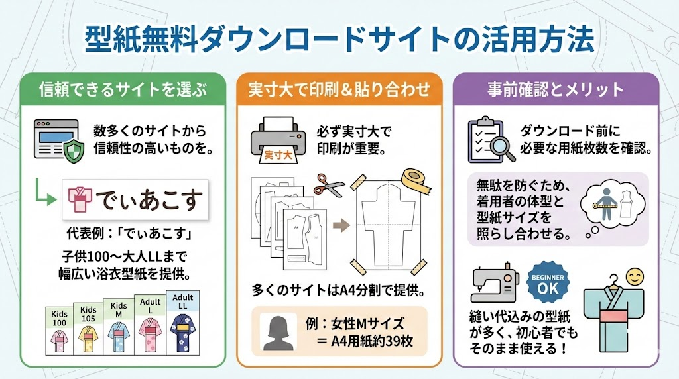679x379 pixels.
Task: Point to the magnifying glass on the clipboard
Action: point(504,146)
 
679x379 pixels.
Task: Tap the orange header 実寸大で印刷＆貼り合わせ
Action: point(339,88)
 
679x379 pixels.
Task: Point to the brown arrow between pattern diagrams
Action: point(340,225)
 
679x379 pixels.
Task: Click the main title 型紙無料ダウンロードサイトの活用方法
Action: point(339,40)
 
